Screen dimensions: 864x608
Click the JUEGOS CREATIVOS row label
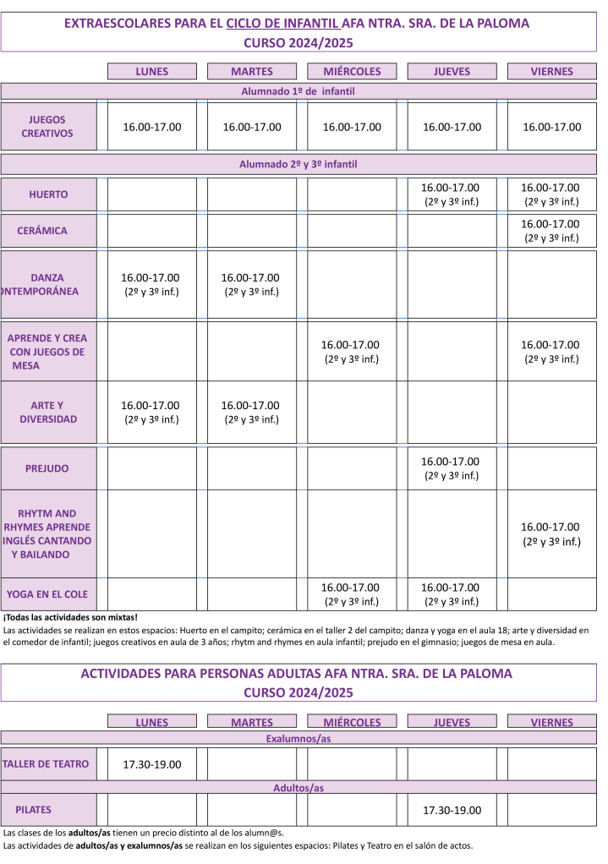coord(47,127)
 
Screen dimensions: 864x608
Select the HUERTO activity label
coord(48,194)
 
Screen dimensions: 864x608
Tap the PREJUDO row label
coord(47,468)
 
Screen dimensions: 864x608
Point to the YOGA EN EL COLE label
coord(47,593)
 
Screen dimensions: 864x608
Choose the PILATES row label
coord(33,810)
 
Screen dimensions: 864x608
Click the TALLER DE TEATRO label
coord(46,764)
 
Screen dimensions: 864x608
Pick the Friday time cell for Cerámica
coord(550,231)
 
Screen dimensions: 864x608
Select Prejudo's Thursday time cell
coord(450,468)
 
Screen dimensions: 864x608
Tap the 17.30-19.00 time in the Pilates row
coord(452,810)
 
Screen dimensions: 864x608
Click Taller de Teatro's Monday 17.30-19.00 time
coord(152,764)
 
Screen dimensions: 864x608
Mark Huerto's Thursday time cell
coord(450,194)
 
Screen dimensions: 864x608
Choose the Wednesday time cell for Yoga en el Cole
coord(350,593)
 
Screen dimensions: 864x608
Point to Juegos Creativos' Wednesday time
coord(352,127)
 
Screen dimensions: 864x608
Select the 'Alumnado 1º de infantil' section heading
coord(298,90)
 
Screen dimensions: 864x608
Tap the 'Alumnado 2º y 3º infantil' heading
coord(298,164)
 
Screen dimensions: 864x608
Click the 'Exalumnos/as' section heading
coord(298,739)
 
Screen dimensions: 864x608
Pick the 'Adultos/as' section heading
coord(298,788)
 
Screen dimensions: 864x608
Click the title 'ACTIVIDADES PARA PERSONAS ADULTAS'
coord(296,674)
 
